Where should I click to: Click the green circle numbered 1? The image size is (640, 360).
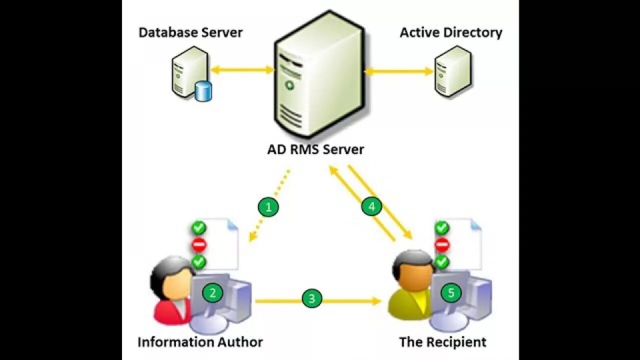(268, 207)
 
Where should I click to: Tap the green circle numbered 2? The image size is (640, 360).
(212, 293)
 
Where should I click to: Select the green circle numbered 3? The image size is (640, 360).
(312, 299)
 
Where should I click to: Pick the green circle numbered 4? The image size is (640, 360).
(371, 206)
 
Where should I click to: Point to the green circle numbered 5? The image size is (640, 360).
(451, 293)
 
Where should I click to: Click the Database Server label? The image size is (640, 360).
(190, 33)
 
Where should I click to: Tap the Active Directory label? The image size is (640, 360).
(451, 33)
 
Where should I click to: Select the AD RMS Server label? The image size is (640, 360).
(316, 149)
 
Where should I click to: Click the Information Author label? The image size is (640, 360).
(200, 342)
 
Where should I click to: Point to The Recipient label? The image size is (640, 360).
(442, 342)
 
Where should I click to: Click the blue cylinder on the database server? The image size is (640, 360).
(203, 91)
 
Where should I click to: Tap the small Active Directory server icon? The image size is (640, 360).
(452, 70)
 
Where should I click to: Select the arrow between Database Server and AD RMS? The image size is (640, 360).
(242, 69)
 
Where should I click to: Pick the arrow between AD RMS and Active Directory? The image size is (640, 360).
(398, 71)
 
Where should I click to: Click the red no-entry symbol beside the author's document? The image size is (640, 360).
(199, 244)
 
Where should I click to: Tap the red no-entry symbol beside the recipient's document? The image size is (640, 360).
(442, 245)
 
